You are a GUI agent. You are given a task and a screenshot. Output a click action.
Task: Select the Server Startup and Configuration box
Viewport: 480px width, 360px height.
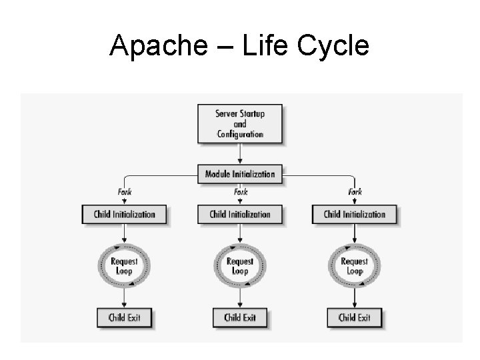point(240,123)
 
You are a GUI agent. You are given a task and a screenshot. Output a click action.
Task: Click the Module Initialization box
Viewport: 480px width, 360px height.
point(240,174)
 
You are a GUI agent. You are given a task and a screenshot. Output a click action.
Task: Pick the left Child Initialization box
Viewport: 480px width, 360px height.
point(125,215)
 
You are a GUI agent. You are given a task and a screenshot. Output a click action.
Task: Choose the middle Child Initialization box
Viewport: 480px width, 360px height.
point(240,215)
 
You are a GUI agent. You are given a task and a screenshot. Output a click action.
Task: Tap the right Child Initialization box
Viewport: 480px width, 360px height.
point(355,215)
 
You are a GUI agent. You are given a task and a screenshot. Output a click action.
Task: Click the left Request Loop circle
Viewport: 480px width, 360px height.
point(125,267)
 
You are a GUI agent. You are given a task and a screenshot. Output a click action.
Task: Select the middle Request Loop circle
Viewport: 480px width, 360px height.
point(240,267)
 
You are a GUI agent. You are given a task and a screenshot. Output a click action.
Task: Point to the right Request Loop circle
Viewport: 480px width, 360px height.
point(355,267)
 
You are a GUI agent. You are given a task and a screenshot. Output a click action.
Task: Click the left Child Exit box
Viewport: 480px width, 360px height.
point(125,317)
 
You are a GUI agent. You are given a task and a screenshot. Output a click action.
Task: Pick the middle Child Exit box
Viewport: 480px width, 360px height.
point(240,317)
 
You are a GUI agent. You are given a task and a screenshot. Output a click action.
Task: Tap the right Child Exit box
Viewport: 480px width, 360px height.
point(355,317)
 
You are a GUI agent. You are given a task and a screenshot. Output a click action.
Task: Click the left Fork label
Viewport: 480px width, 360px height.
point(125,192)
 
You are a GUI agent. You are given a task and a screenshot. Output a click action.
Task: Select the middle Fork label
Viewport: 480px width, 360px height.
point(240,192)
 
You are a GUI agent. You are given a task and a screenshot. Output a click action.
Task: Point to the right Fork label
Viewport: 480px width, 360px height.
point(355,192)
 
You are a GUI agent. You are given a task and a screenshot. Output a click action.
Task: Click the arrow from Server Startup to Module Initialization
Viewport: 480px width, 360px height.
point(240,153)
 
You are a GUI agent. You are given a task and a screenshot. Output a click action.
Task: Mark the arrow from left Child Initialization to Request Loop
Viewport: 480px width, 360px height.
point(125,234)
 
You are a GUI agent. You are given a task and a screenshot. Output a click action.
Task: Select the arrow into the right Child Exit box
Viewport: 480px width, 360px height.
point(355,298)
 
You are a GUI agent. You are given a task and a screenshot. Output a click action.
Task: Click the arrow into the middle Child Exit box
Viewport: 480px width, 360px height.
point(240,298)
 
